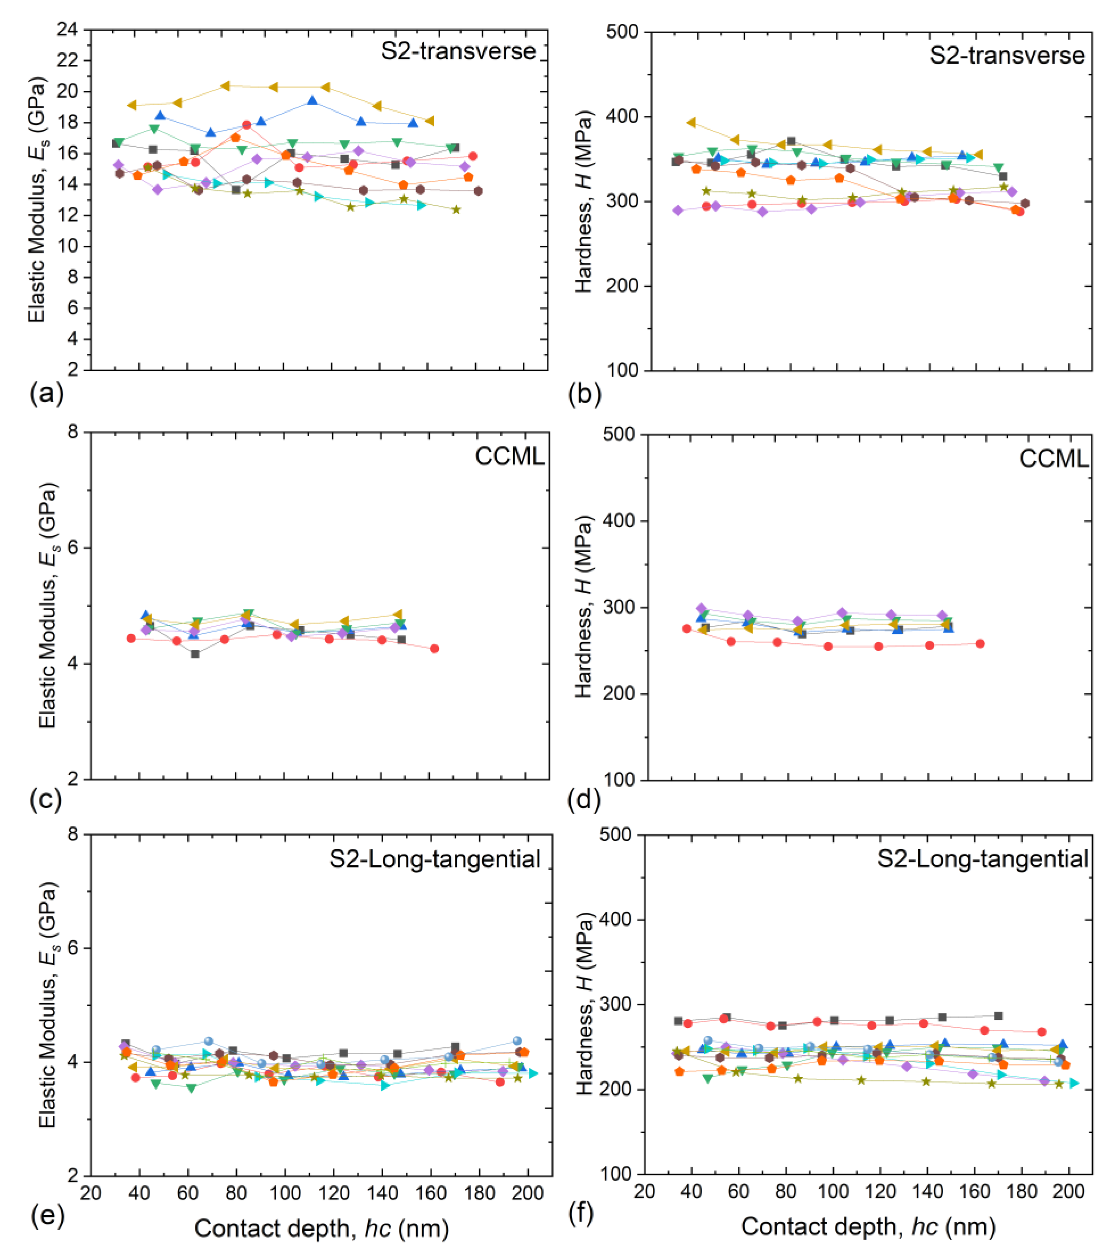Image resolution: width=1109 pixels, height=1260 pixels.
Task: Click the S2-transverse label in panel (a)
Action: tap(458, 51)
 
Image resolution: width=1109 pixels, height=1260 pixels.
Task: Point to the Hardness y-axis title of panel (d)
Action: tap(583, 607)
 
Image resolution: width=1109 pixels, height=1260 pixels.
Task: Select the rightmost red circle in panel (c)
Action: tap(435, 649)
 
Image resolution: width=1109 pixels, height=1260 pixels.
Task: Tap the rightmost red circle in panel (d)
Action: tap(980, 644)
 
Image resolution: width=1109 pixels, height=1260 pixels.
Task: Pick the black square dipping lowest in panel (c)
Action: tap(195, 654)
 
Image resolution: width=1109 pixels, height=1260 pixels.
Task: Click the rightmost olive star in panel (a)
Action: tap(456, 210)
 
